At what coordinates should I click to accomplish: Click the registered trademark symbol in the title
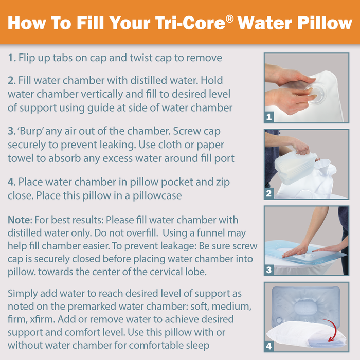(x=229, y=19)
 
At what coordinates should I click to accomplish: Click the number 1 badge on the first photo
(x=269, y=117)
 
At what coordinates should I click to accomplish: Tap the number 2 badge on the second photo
(x=269, y=193)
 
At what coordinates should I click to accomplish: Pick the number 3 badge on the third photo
(x=269, y=270)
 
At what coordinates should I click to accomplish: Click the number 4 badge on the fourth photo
(x=269, y=346)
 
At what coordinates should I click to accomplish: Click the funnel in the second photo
(x=323, y=167)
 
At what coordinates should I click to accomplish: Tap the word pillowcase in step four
(x=157, y=196)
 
